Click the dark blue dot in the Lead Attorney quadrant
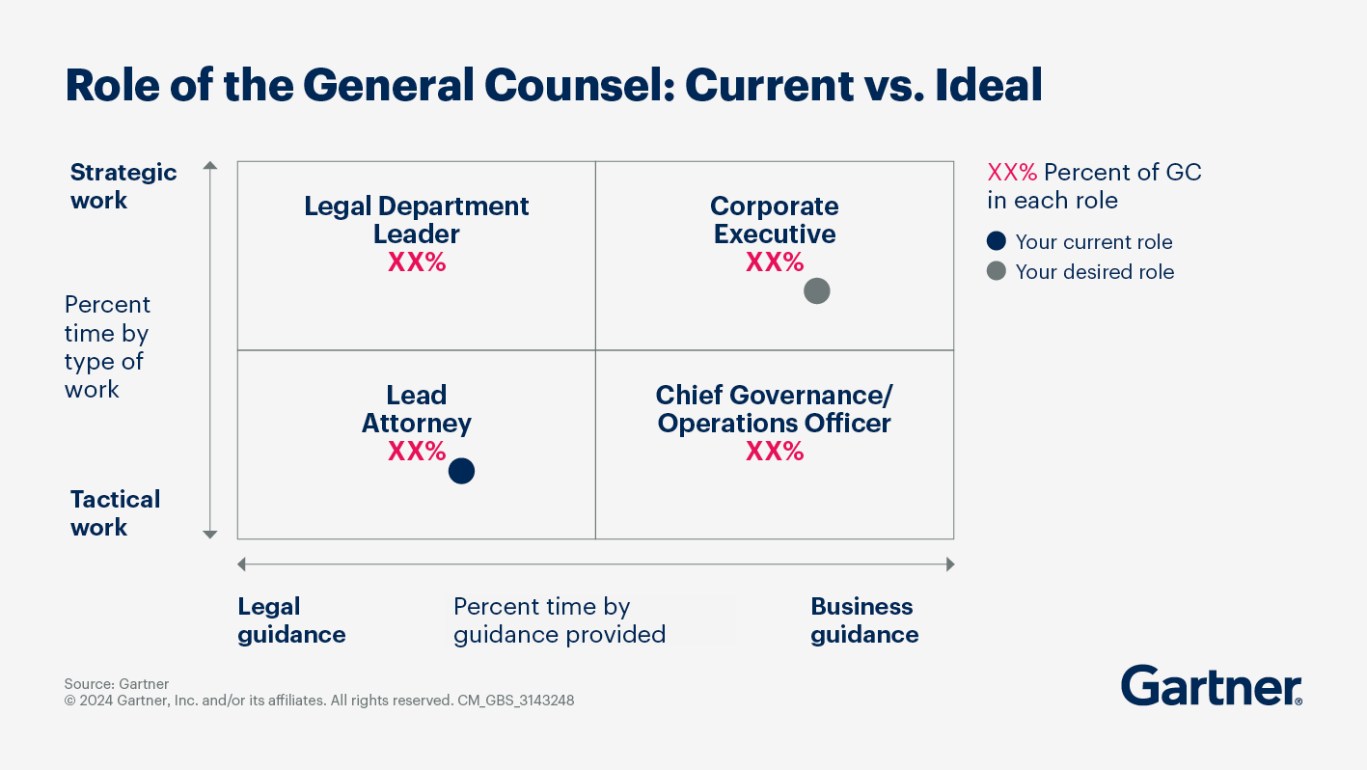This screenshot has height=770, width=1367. click(462, 471)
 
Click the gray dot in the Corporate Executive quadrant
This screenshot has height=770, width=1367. click(816, 290)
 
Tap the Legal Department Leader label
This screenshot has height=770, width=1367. click(417, 220)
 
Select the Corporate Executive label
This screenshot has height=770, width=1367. click(775, 220)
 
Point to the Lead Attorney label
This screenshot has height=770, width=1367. click(417, 409)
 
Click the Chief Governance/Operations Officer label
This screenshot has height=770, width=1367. click(775, 409)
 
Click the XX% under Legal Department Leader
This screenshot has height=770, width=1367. click(417, 262)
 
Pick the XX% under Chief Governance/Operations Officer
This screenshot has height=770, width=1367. click(775, 452)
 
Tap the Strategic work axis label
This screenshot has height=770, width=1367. click(123, 186)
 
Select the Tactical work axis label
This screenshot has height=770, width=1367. click(115, 513)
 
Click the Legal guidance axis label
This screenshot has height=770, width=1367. click(291, 620)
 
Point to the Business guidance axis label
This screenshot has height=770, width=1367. click(864, 620)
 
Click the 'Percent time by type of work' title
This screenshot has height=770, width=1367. click(107, 347)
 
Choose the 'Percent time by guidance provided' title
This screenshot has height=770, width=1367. click(560, 620)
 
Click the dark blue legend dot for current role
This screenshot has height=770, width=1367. click(997, 241)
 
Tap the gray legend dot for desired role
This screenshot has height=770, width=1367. click(997, 271)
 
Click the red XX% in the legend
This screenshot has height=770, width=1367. click(1012, 173)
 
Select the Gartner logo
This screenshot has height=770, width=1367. click(1211, 686)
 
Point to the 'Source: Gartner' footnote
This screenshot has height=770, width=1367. click(117, 684)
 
